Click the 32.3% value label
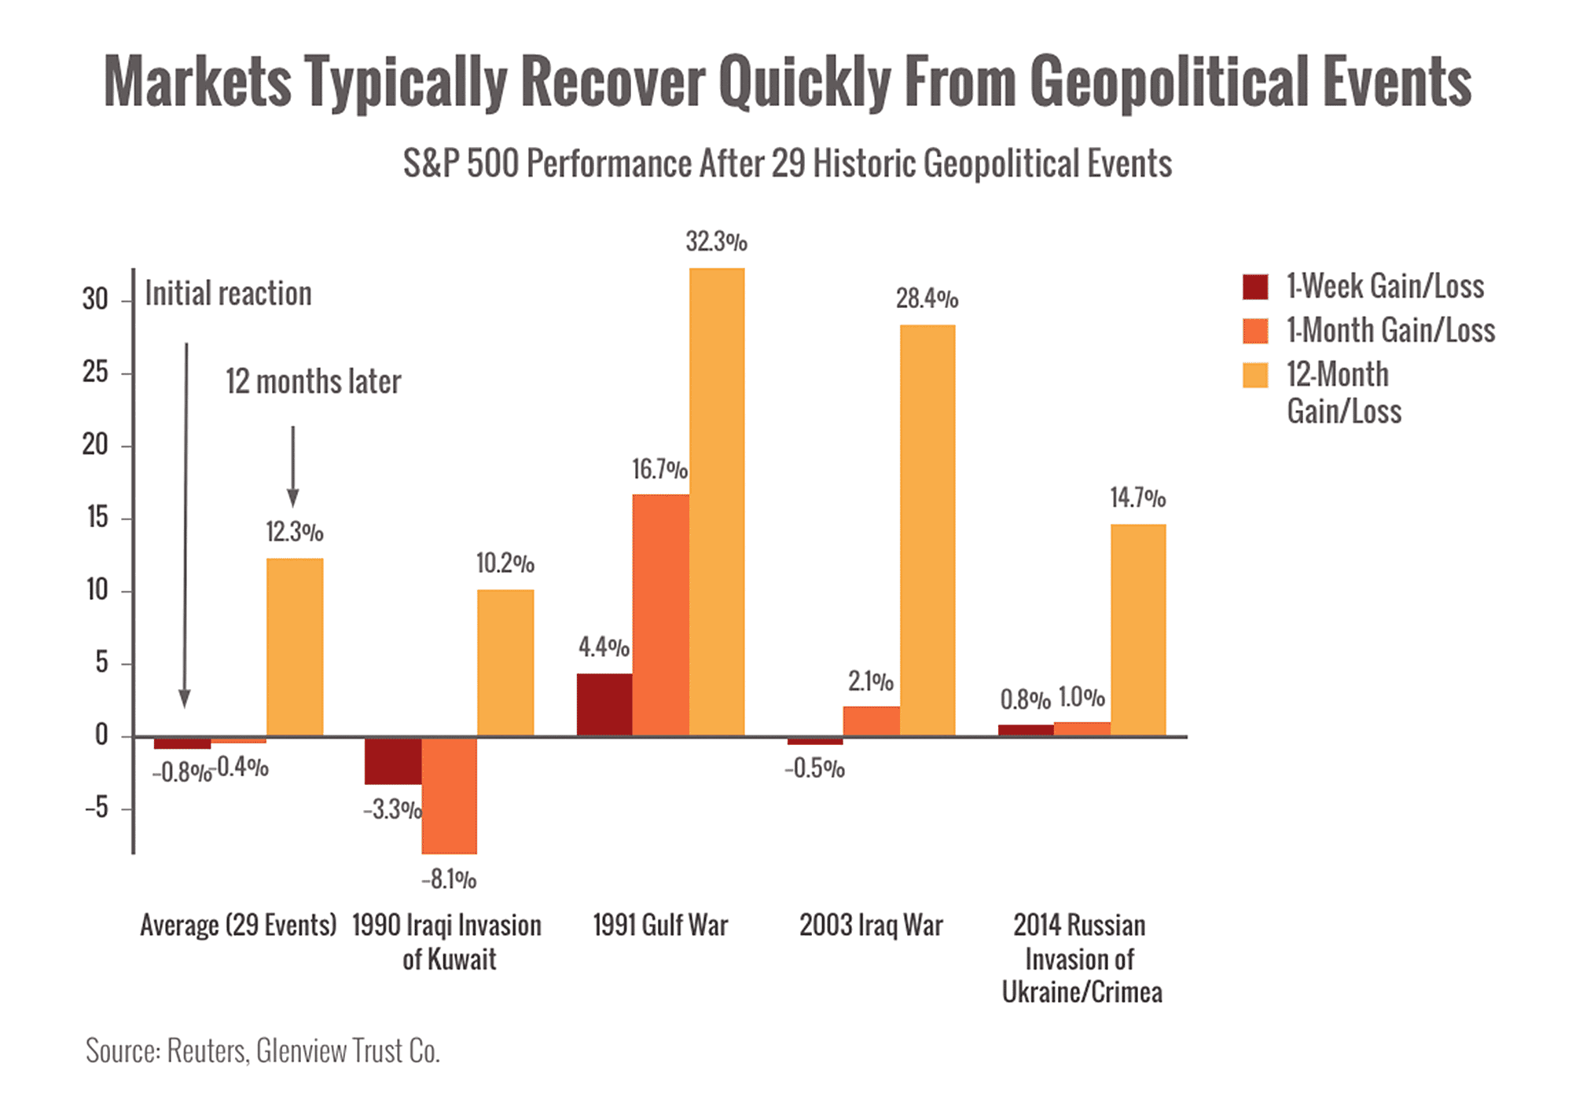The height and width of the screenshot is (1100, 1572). tap(716, 241)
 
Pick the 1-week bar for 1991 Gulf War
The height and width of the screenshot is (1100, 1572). tap(604, 704)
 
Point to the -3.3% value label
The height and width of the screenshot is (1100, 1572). tap(391, 810)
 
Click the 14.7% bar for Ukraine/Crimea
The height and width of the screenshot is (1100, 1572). tap(1138, 629)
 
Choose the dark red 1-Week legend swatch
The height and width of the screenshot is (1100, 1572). tap(1255, 287)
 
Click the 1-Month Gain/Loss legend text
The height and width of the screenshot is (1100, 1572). tap(1390, 330)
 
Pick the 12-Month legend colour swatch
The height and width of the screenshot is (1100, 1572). tap(1255, 375)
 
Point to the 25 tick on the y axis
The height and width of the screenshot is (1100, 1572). tap(96, 373)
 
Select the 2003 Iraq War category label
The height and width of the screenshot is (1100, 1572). tap(871, 926)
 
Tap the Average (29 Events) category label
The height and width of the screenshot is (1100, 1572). tap(238, 926)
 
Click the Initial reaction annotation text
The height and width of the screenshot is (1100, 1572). tap(229, 294)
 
